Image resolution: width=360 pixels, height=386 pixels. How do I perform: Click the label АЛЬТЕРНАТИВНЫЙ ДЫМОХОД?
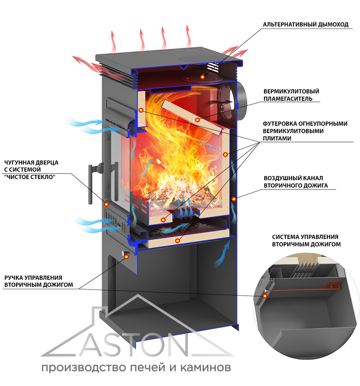tap(306, 25)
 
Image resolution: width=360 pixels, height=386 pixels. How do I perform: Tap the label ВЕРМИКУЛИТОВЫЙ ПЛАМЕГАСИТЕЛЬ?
tap(291, 95)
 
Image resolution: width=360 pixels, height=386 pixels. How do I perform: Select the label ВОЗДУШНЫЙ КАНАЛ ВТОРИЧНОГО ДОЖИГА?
tap(295, 182)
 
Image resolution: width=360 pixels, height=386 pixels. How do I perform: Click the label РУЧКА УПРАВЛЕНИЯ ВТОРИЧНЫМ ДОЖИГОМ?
tap(38, 281)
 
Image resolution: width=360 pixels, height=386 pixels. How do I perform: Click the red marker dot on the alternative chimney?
tap(202, 77)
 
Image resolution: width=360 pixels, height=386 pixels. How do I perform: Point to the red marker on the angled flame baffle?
tap(197, 120)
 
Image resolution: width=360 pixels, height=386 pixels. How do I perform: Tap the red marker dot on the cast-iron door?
tap(106, 204)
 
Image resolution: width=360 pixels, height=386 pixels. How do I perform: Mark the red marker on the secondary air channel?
tap(234, 199)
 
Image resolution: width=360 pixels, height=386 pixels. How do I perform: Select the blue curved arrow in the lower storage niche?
tap(222, 255)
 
